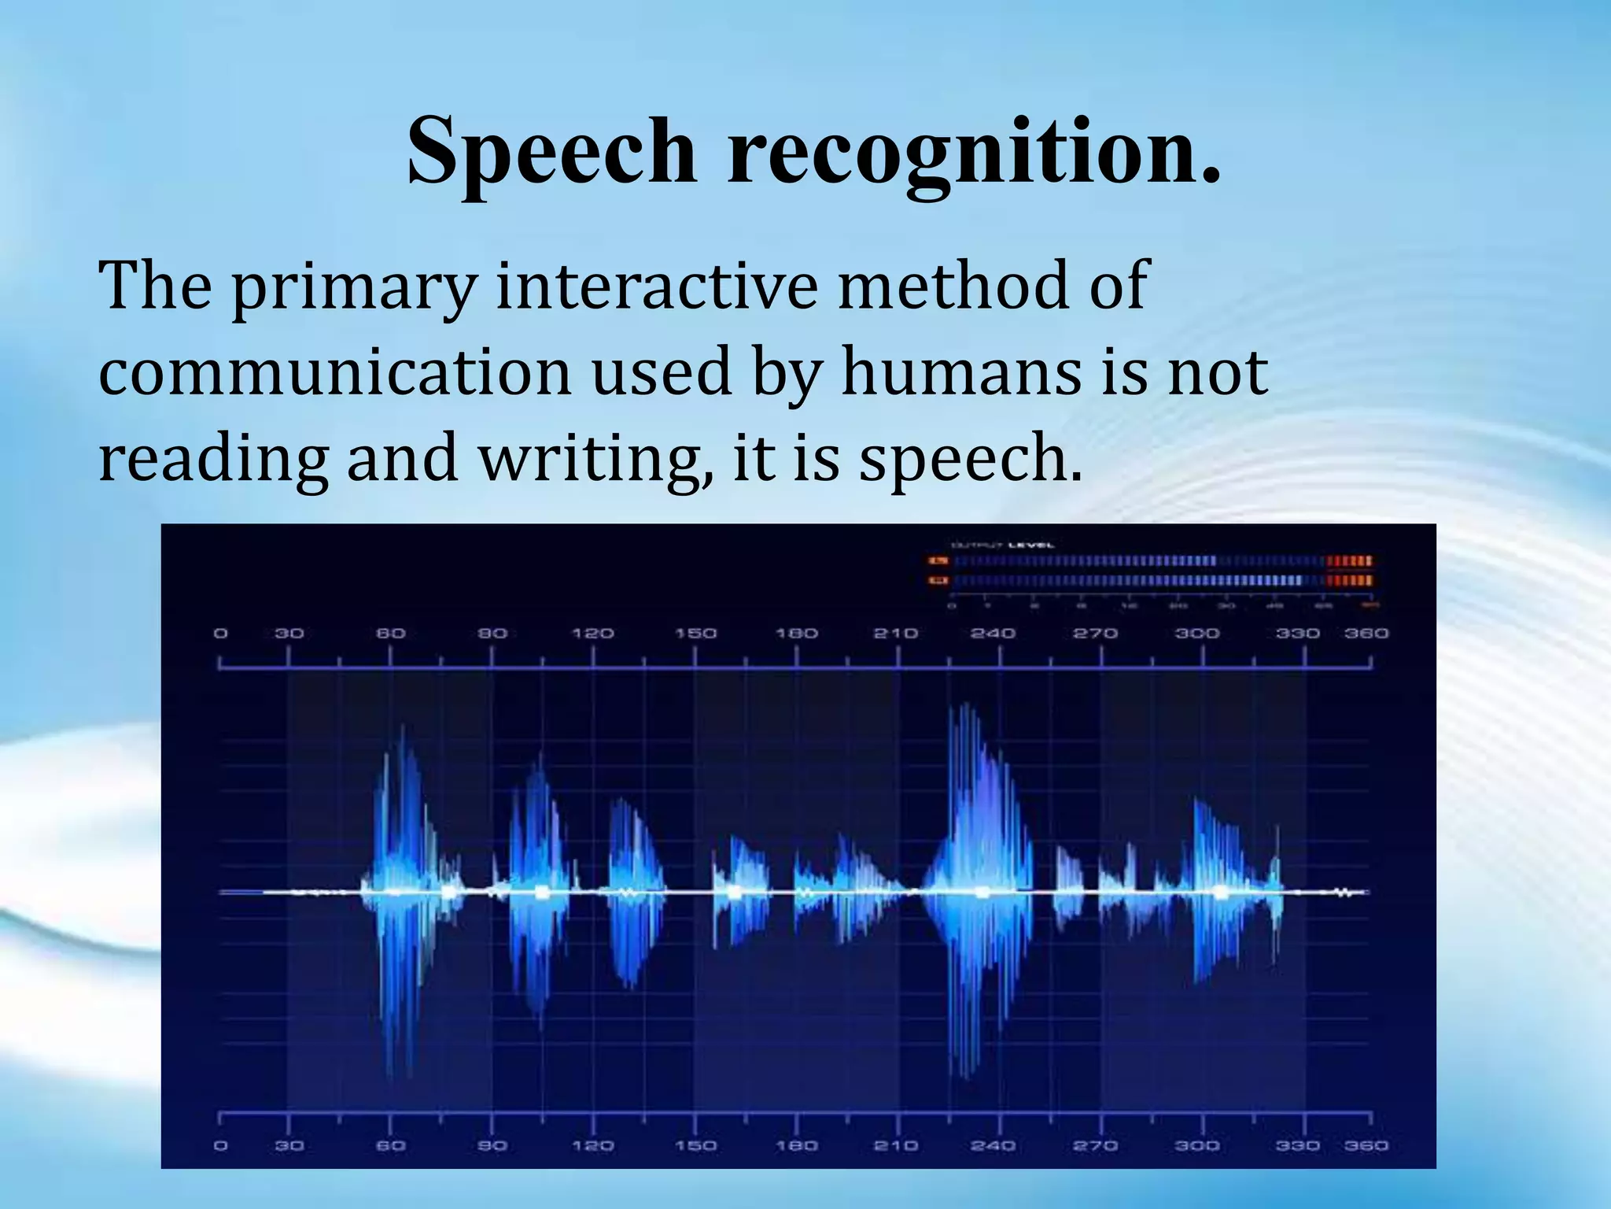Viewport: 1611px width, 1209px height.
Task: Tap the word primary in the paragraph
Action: coord(353,287)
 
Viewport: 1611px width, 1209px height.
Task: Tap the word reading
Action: coord(212,460)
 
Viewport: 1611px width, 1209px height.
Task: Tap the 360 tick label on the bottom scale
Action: coord(1366,1145)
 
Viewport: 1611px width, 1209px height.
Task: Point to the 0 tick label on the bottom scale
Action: coord(221,1145)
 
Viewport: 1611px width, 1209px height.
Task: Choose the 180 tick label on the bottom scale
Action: coord(797,1145)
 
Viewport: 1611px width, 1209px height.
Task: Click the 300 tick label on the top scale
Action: coord(1196,633)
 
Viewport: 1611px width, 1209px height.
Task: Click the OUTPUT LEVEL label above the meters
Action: coord(1003,545)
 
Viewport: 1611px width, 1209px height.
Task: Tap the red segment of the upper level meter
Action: coord(1349,561)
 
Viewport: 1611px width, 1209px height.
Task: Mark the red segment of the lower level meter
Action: coord(1349,581)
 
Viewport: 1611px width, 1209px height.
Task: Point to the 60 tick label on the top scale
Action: coord(390,633)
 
